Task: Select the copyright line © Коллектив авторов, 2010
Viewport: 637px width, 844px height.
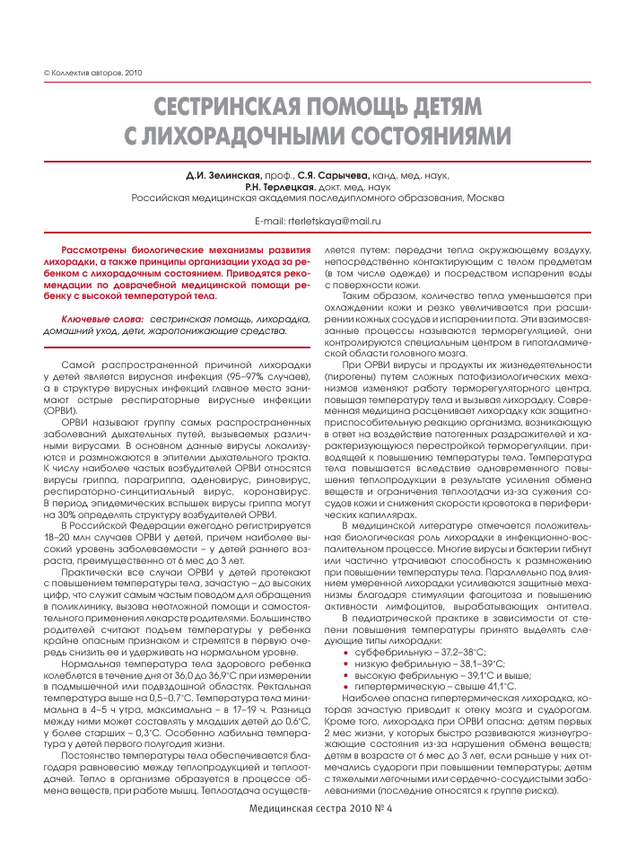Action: (x=81, y=72)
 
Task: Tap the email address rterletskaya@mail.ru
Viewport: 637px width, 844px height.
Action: (x=336, y=220)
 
